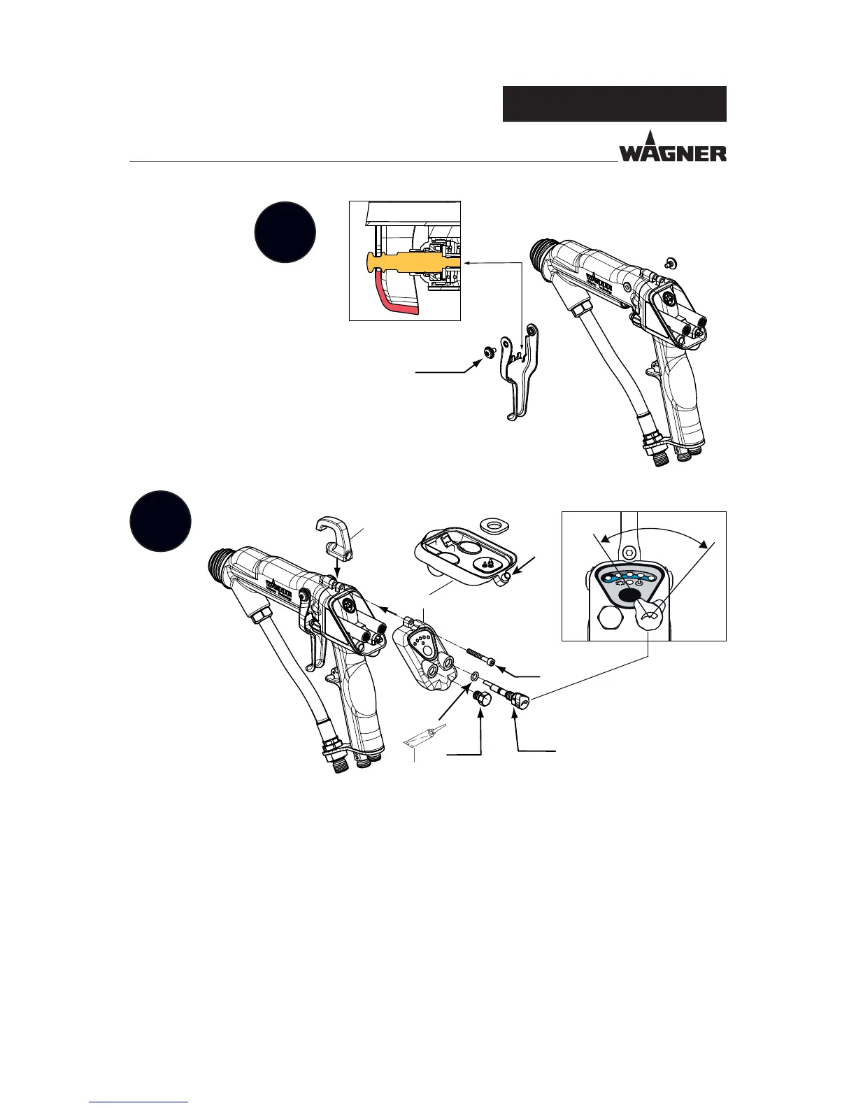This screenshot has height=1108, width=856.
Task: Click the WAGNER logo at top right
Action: pos(672,148)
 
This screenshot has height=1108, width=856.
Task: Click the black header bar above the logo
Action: pos(614,104)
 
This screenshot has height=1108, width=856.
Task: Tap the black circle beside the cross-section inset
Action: pos(285,232)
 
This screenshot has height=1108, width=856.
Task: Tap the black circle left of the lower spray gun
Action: pos(161,522)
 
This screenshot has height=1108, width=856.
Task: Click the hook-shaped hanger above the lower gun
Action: pos(339,538)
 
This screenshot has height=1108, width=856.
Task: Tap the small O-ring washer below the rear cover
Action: pos(474,677)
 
